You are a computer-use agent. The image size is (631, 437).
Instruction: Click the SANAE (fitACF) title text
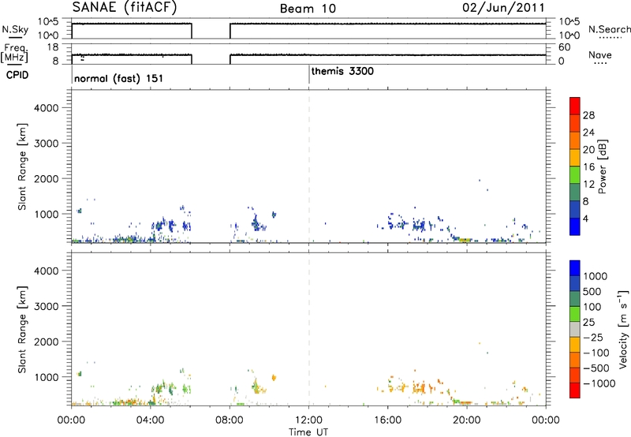125,7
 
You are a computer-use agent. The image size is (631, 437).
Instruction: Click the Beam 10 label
308,9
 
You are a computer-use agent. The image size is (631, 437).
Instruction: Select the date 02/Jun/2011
503,8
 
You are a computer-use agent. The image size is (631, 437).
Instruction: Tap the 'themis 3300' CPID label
342,71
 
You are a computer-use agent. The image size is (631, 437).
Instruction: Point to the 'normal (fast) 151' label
119,78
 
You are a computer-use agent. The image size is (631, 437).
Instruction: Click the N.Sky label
15,29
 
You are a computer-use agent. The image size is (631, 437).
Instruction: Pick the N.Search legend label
610,29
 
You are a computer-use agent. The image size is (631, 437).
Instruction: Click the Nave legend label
600,54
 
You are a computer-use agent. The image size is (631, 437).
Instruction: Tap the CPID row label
17,75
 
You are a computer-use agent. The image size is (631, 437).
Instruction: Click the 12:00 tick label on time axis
308,420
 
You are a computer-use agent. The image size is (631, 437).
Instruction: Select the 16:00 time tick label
387,420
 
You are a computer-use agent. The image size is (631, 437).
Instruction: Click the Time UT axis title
308,432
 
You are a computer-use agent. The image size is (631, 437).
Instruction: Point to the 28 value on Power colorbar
588,115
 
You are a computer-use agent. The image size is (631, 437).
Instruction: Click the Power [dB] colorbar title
603,166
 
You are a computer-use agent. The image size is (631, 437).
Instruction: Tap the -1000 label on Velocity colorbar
599,383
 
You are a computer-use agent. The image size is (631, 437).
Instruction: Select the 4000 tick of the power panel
47,108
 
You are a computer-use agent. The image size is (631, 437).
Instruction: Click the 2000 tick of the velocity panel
47,342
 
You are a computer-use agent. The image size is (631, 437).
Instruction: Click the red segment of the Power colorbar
575,106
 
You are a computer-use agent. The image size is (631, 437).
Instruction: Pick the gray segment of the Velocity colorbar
575,329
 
